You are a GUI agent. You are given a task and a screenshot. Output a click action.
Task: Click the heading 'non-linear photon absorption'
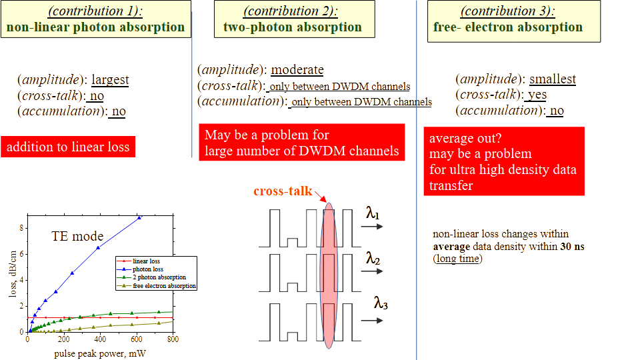tap(95, 27)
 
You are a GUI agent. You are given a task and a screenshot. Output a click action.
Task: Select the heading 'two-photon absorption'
tap(292, 27)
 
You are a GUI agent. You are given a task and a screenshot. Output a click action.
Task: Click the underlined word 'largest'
tap(110, 80)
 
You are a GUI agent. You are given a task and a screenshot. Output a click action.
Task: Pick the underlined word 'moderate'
tap(297, 70)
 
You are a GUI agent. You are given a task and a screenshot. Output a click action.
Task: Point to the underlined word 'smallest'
tap(553, 79)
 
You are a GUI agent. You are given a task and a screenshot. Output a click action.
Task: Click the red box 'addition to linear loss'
tap(67, 147)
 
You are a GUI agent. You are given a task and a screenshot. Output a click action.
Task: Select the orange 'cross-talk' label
tap(282, 191)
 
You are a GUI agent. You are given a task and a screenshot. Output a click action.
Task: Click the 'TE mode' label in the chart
tap(78, 236)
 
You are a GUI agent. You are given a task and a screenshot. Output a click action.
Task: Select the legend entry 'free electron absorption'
tap(165, 285)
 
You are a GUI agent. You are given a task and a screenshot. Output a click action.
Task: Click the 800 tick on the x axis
tap(172, 339)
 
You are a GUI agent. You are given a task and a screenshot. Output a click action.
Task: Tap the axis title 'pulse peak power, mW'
tap(100, 353)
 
